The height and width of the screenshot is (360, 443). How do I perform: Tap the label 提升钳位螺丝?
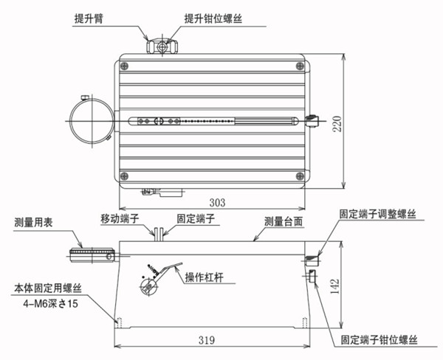pyautogui.click(x=214, y=19)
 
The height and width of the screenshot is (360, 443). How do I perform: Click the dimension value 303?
pyautogui.click(x=216, y=201)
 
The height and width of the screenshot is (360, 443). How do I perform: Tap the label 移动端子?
pyautogui.click(x=120, y=219)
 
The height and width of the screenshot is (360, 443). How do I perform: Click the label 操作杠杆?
pyautogui.click(x=205, y=277)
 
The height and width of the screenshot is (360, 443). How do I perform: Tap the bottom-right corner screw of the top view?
pyautogui.click(x=299, y=175)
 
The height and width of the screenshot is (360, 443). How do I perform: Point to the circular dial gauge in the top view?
pyautogui.click(x=92, y=120)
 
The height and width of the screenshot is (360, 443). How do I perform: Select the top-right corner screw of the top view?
pyautogui.click(x=299, y=67)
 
